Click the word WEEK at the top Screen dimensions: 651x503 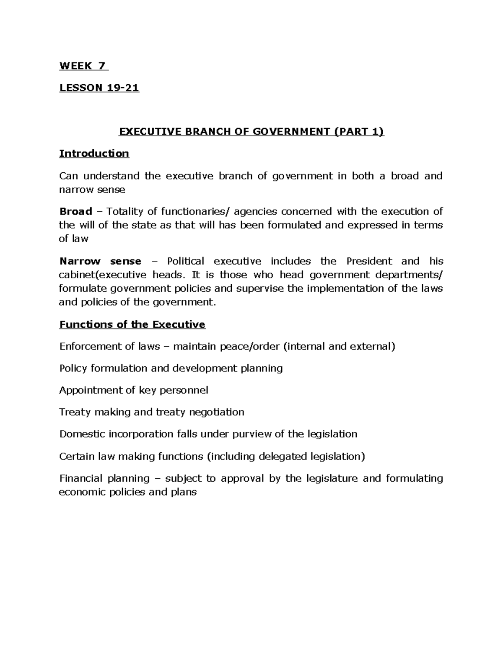(76, 66)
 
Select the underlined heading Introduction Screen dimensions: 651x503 (94, 153)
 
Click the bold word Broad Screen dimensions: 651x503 (75, 211)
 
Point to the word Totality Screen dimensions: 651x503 (127, 211)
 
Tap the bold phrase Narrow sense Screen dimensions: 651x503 (100, 261)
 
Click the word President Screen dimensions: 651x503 (369, 261)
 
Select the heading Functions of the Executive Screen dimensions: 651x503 (132, 324)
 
